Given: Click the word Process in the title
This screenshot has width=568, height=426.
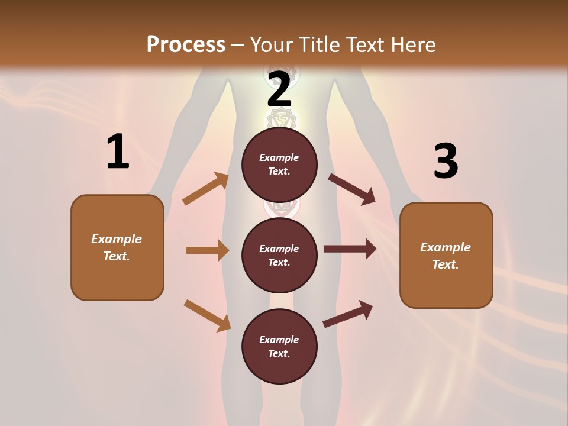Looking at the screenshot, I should click(186, 44).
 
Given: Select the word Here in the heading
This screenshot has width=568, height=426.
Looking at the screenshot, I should click(412, 44).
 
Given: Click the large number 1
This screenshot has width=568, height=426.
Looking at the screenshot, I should click(118, 152).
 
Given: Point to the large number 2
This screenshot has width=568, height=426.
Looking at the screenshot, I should click(279, 90).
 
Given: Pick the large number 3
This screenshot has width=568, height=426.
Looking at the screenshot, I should click(446, 161).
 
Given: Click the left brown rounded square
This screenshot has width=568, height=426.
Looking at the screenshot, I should click(117, 247).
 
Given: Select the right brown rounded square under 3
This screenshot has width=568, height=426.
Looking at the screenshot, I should click(446, 255).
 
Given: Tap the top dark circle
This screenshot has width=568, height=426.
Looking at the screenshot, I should click(279, 164).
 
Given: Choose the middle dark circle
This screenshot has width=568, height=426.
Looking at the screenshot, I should click(279, 255).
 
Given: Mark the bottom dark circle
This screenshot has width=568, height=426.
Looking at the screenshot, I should click(279, 346).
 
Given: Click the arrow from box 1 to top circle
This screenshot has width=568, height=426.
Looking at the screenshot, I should click(206, 189).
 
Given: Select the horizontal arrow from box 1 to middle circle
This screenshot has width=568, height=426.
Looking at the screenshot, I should click(207, 250).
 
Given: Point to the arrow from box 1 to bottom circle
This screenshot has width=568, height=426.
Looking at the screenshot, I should click(207, 315).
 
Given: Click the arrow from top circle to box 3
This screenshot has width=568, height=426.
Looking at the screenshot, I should click(351, 189).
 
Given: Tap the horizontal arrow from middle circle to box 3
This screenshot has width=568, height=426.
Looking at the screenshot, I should click(350, 249).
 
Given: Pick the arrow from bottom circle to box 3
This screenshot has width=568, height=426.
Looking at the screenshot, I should click(348, 314).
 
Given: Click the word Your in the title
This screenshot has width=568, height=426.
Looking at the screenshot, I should click(271, 44).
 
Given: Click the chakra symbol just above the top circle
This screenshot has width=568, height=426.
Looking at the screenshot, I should click(282, 119).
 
